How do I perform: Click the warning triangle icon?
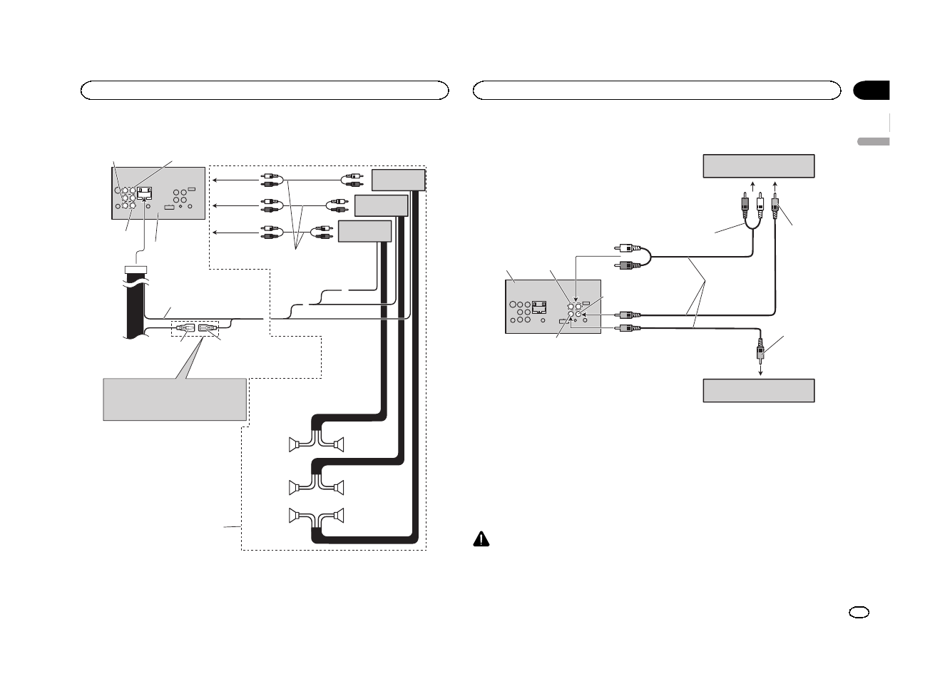pyautogui.click(x=483, y=539)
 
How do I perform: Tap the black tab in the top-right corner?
pyautogui.click(x=872, y=91)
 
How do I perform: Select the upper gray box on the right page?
pyautogui.click(x=758, y=165)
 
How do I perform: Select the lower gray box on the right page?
pyautogui.click(x=758, y=391)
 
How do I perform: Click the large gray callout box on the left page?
pyautogui.click(x=175, y=399)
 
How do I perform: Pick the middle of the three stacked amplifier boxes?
pyautogui.click(x=380, y=205)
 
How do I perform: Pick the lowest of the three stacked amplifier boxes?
pyautogui.click(x=364, y=232)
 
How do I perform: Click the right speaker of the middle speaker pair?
pyautogui.click(x=339, y=488)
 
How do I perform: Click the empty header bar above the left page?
pyautogui.click(x=265, y=91)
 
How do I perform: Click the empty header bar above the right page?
pyautogui.click(x=657, y=91)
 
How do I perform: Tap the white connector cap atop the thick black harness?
pyautogui.click(x=135, y=270)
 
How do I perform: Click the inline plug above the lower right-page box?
pyautogui.click(x=761, y=351)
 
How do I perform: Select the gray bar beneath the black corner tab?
pyautogui.click(x=872, y=141)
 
